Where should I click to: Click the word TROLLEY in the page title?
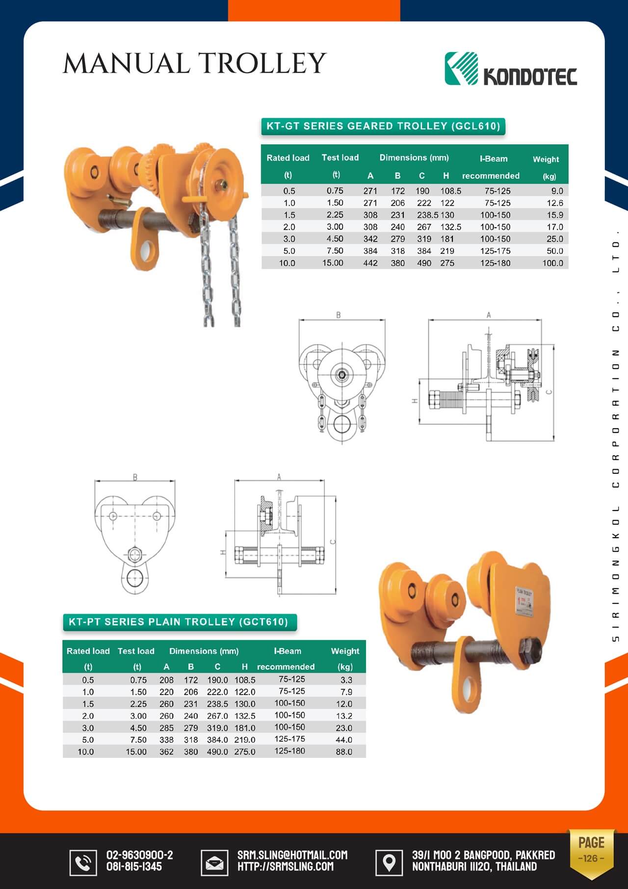pyautogui.click(x=262, y=63)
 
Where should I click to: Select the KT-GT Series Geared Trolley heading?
pyautogui.click(x=383, y=126)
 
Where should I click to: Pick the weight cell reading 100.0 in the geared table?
pyautogui.click(x=552, y=263)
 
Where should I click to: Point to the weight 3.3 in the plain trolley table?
pyautogui.click(x=346, y=680)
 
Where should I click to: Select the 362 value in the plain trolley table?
pyautogui.click(x=166, y=752)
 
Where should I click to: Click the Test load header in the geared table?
pyautogui.click(x=340, y=158)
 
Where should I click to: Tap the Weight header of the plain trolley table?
pyautogui.click(x=345, y=651)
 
